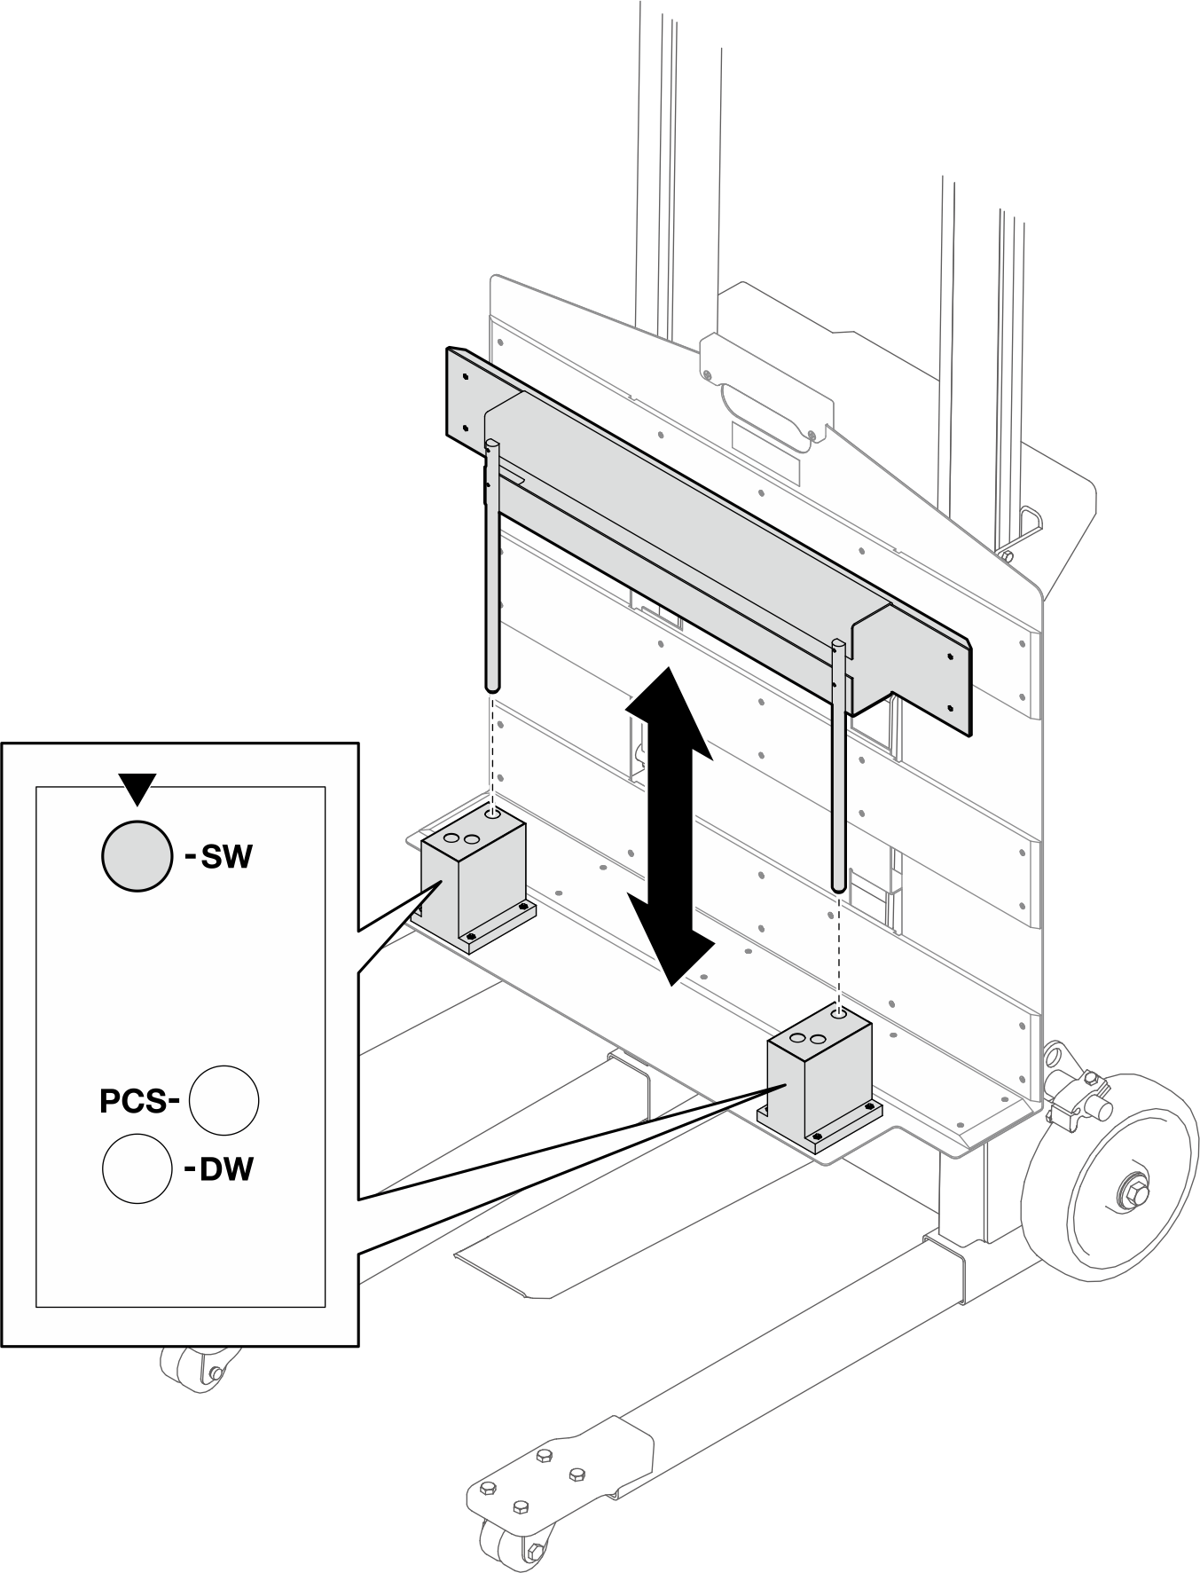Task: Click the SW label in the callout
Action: pyautogui.click(x=219, y=857)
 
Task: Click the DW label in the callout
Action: pyautogui.click(x=219, y=1169)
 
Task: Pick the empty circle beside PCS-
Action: pyautogui.click(x=224, y=1100)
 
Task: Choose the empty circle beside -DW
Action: pyautogui.click(x=137, y=1169)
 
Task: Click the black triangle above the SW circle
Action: pyautogui.click(x=137, y=787)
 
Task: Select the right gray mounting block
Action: pyautogui.click(x=820, y=1083)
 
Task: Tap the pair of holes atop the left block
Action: pyautogui.click(x=461, y=838)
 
